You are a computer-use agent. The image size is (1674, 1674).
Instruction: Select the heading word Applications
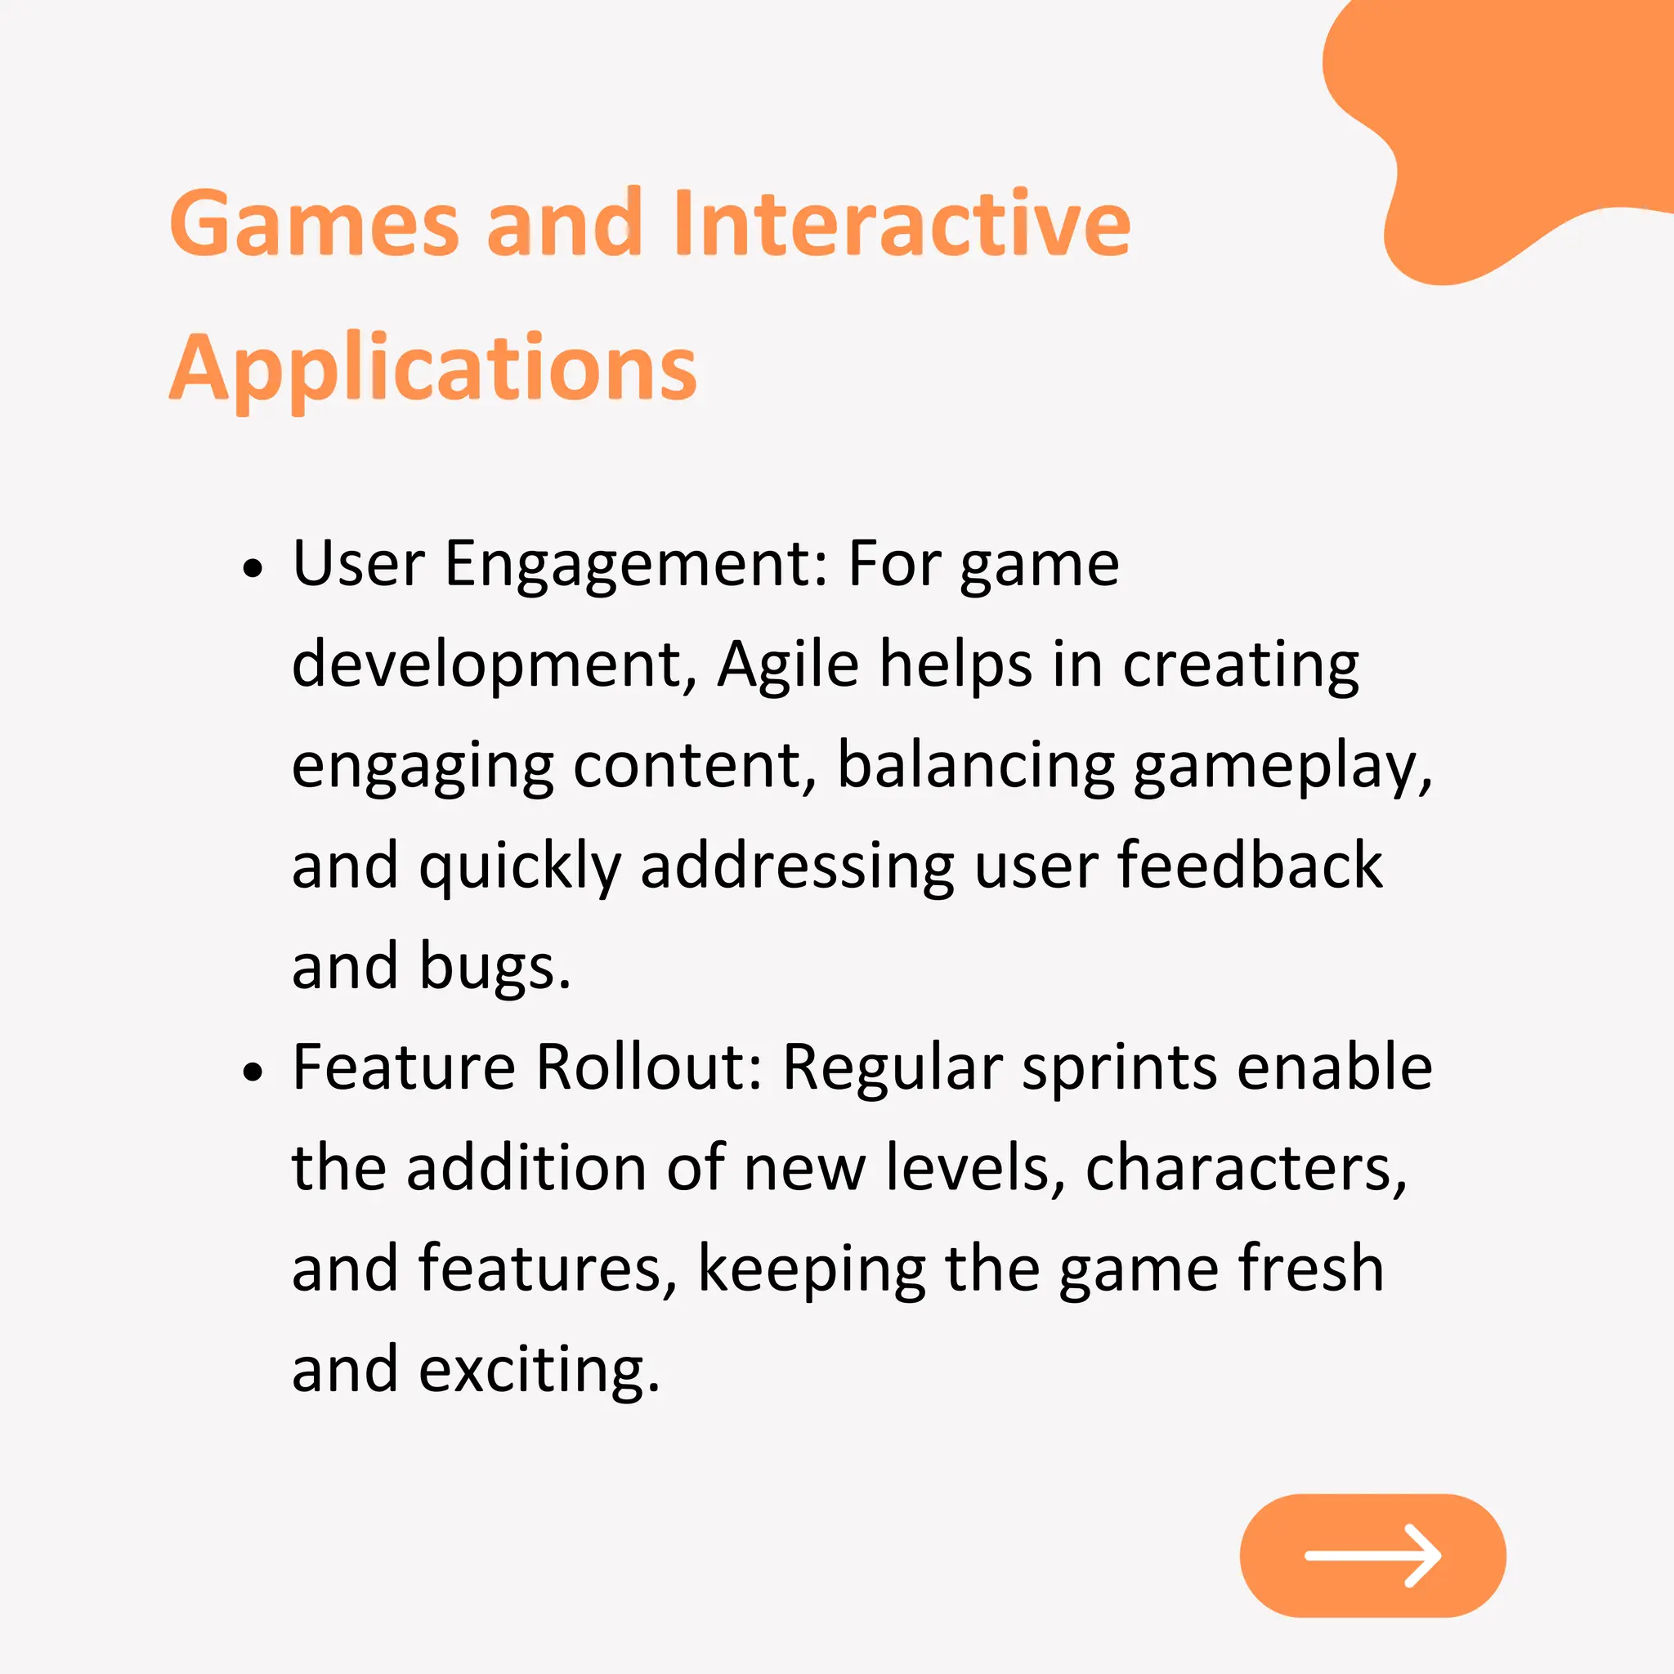(433, 369)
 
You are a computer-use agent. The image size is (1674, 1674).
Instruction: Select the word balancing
(976, 766)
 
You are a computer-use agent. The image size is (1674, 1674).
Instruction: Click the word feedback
(1250, 866)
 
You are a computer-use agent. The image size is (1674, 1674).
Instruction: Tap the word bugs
(495, 967)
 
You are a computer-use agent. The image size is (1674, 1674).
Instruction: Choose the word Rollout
(648, 1067)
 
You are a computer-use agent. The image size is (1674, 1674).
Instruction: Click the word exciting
(539, 1370)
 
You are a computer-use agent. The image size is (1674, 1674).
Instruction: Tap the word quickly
(520, 867)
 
